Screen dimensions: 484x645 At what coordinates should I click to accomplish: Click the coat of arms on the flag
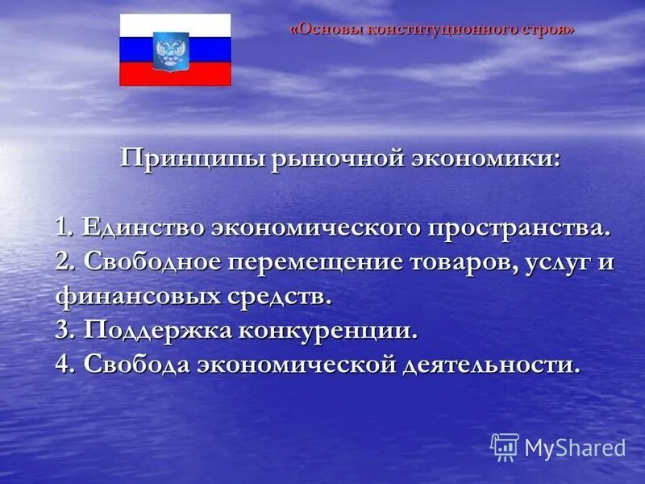pyautogui.click(x=171, y=50)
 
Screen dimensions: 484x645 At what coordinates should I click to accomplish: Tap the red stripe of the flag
pyautogui.click(x=175, y=75)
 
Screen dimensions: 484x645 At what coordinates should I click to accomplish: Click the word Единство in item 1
pyautogui.click(x=143, y=227)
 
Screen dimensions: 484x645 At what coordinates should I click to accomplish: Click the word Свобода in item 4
pyautogui.click(x=136, y=364)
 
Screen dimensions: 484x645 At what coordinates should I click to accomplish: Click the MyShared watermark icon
pyautogui.click(x=505, y=446)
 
